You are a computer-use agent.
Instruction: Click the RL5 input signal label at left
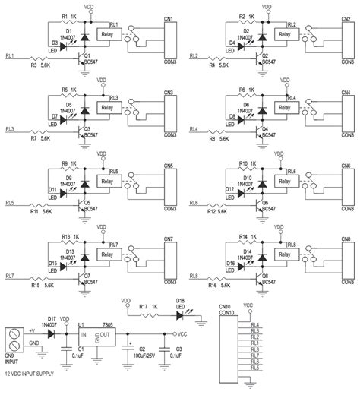click(10, 203)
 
